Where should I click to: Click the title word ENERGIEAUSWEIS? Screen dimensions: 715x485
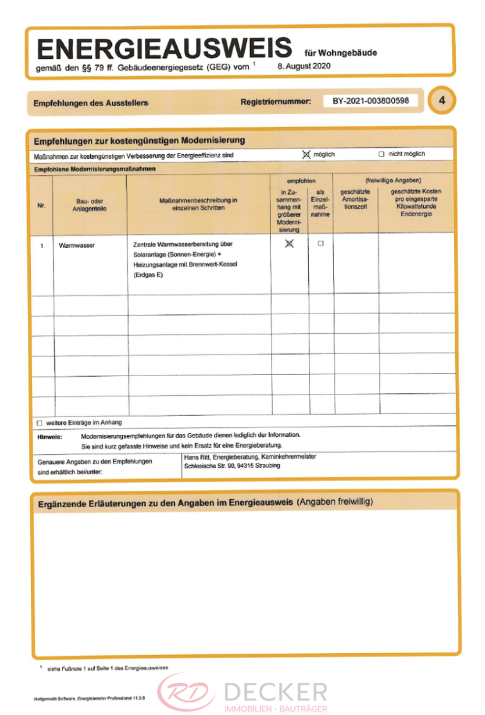[x=164, y=48]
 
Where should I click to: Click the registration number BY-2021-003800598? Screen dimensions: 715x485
[x=371, y=101]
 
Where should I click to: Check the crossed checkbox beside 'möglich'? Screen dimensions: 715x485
[x=307, y=154]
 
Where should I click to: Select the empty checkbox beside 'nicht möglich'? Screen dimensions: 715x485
[x=381, y=154]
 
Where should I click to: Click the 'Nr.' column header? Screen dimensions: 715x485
[x=42, y=204]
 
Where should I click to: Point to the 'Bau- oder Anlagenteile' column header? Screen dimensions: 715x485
[x=90, y=204]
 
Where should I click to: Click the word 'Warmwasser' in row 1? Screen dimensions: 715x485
[x=76, y=245]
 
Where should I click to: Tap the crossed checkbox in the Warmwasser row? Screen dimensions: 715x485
[x=290, y=244]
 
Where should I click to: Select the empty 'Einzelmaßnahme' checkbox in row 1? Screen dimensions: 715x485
[x=320, y=243]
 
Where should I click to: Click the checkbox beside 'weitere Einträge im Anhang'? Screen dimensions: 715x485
[x=40, y=423]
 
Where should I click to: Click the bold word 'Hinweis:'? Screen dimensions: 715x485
[x=50, y=436]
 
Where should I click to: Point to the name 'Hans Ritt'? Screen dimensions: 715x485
[x=197, y=456]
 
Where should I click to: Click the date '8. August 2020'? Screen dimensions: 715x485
[x=303, y=66]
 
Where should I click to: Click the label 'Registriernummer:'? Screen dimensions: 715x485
[x=276, y=101]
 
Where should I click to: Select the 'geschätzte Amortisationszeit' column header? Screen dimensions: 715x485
[x=355, y=199]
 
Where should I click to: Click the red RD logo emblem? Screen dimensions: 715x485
[x=186, y=690]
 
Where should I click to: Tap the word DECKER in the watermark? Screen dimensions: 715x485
[x=276, y=690]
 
